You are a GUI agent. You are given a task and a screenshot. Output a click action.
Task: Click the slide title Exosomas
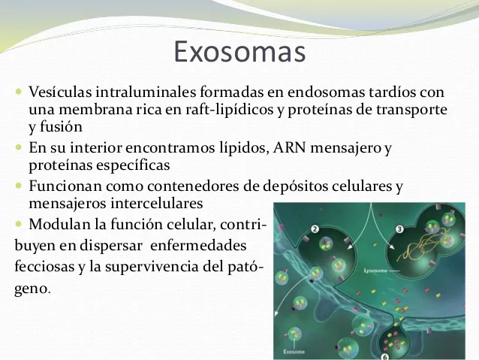tap(239, 53)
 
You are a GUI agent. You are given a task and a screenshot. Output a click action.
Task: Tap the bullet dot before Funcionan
tap(20, 185)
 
